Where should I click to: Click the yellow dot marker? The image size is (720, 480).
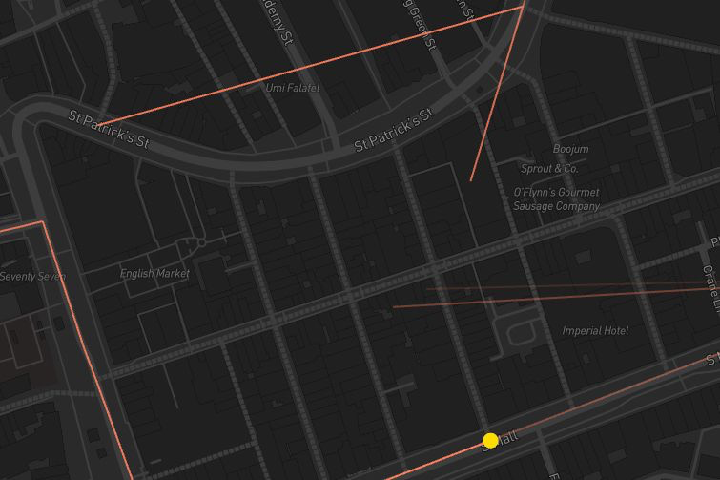490,440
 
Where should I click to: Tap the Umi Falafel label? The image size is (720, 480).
293,88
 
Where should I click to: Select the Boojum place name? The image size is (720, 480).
570,149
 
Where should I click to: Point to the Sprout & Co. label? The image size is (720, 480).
549,169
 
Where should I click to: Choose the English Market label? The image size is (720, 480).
154,274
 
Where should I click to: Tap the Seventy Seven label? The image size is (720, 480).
33,277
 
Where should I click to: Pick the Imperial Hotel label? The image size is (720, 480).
595,331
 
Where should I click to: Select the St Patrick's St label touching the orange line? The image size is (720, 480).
110,129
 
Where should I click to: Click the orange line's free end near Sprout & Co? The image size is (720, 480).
471,179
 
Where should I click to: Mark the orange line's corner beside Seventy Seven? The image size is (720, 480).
43,222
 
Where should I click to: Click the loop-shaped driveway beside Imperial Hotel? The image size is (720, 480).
522,333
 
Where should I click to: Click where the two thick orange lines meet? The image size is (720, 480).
524,6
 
